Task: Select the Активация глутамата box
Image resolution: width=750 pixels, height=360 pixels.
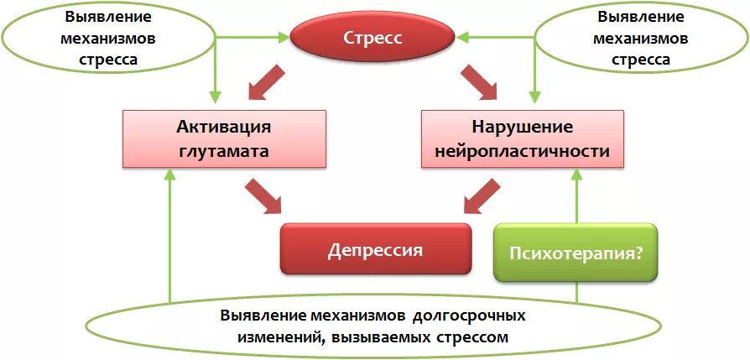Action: (224, 138)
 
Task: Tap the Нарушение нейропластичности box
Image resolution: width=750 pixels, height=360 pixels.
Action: (522, 138)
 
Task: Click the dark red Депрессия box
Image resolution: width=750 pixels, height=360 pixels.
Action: (374, 249)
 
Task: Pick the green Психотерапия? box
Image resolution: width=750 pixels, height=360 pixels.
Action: (575, 251)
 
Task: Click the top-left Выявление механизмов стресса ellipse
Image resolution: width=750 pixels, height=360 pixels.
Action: (108, 38)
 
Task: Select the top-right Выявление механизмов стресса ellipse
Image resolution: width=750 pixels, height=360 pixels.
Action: (640, 38)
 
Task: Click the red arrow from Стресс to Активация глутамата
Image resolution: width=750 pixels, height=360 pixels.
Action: (267, 85)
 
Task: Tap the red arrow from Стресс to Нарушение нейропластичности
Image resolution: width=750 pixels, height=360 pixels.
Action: (480, 85)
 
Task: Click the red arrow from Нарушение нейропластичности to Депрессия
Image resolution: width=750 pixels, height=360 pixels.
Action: (483, 197)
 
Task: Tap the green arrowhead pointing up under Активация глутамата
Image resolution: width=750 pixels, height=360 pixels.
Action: (170, 175)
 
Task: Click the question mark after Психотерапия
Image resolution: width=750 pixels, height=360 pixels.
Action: (638, 252)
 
